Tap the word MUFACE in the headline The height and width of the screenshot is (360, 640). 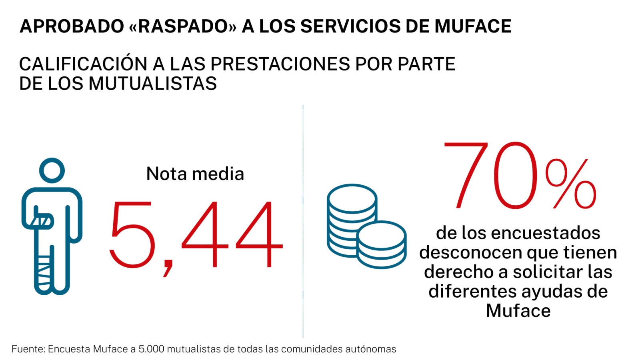pos(473,26)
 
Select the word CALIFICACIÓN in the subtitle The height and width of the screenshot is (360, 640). pos(83,64)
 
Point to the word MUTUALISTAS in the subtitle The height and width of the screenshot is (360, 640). pos(152,84)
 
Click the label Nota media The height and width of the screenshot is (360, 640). pos(195,174)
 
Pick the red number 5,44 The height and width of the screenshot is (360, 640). pos(196,235)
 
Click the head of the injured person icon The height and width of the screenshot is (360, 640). pos(52,170)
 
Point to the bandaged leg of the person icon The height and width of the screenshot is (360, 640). pos(44,270)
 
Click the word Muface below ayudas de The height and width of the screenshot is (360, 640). pos(518,311)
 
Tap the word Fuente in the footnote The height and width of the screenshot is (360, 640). pos(28,349)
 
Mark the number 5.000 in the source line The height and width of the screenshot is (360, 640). pos(151,349)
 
